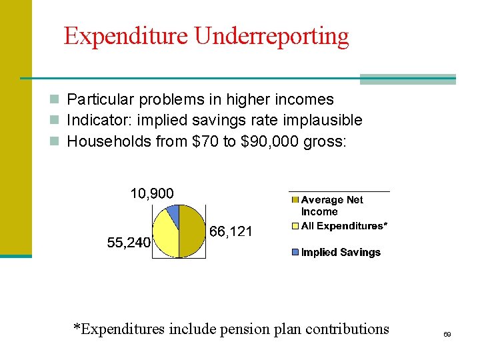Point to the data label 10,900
point(151,194)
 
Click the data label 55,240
point(129,243)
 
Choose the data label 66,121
point(231,232)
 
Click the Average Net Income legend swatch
point(295,200)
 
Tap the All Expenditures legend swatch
point(295,226)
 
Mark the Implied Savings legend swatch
point(295,253)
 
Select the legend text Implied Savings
point(341,253)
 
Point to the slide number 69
point(447,333)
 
